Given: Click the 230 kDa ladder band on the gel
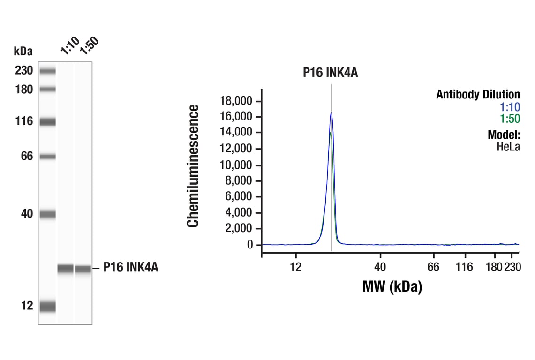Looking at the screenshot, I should coord(47,71).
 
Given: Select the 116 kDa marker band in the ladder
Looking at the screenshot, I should coord(47,122).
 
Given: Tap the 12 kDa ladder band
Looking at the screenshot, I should coord(47,307).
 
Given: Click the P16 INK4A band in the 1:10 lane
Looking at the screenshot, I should coord(66,269).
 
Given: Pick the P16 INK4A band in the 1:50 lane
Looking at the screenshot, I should coord(83,269).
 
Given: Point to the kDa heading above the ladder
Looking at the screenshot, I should coord(23,51).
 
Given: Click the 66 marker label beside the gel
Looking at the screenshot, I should coord(27,156).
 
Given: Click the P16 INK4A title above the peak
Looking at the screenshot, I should coord(330,72).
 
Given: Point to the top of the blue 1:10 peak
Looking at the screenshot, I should coord(331,112).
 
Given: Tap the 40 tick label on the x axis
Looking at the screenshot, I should coord(380,267).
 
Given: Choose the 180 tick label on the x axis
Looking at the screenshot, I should coord(494,267).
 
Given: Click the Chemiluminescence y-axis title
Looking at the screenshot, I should coord(193,166).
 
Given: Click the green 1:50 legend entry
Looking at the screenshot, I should coord(510,119).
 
